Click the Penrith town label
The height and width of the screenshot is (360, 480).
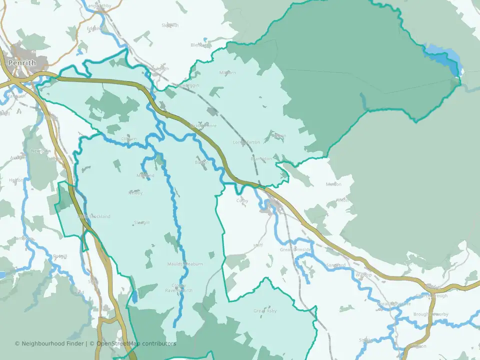point(21,63)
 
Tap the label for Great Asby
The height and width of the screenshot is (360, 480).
point(265,311)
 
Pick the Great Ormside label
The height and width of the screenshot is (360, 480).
point(295,249)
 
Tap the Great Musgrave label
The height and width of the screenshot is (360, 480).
point(393,303)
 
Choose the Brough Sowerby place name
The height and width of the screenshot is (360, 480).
point(430,314)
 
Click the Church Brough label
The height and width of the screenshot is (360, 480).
point(431,295)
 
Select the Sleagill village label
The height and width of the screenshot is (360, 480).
point(141,222)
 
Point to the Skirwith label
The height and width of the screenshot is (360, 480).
point(170,25)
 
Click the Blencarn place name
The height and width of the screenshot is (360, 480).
point(201,45)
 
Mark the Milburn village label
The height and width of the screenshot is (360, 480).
point(227,73)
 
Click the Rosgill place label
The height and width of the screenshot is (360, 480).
point(60,256)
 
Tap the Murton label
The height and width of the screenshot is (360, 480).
point(333,184)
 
